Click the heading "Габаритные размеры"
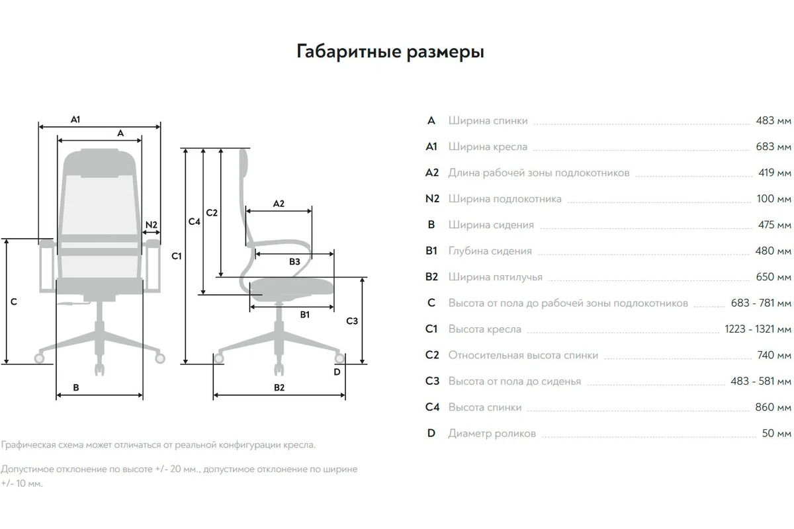pos(390,52)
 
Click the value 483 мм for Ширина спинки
pos(773,121)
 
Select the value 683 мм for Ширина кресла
pos(773,147)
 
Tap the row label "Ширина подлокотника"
pos(505,199)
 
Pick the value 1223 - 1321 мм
pos(758,329)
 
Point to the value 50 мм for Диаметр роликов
pos(776,433)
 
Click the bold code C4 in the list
pos(432,407)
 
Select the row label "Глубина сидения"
pos(490,251)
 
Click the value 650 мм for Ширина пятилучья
pos(773,277)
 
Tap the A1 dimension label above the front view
pos(75,120)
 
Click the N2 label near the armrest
pos(152,225)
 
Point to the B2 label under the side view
pos(279,387)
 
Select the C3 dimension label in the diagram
pos(352,321)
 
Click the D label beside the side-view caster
pos(337,372)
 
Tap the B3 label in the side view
pos(294,262)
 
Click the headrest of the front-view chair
pos(100,163)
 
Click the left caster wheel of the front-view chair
pos(39,358)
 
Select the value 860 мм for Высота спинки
pos(773,407)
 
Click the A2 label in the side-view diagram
pos(279,204)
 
